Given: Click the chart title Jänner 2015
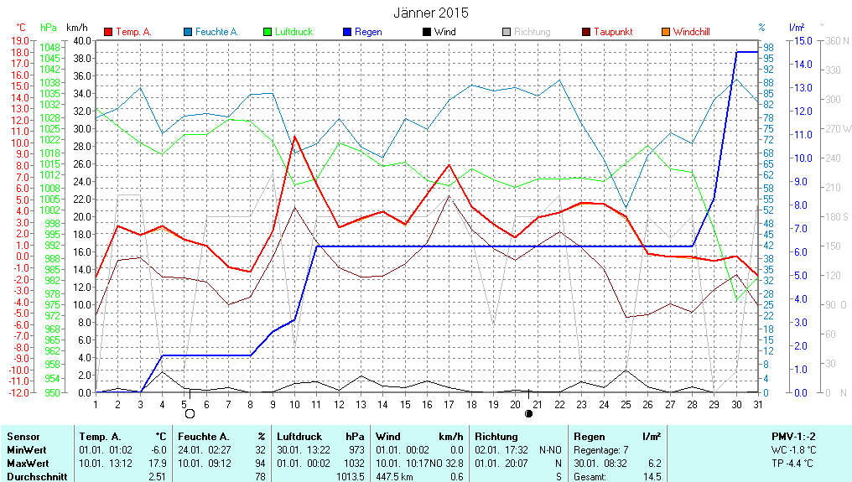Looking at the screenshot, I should (431, 13).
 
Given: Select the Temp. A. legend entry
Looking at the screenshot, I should (133, 32).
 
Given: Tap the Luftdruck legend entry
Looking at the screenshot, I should (294, 32).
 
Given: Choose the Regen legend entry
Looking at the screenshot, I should (368, 32).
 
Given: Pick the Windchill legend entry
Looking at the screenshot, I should (691, 32).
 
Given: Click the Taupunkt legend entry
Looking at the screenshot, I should (613, 32).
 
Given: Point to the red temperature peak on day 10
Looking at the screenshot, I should (294, 137).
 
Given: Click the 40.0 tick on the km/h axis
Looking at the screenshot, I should (82, 40).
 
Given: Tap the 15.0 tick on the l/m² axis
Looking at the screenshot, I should (802, 40).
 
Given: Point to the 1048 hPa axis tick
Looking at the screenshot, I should (50, 48).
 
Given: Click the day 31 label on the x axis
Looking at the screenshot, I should (756, 404).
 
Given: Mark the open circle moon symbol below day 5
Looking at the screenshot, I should (190, 413).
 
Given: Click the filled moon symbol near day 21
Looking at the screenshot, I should (528, 413).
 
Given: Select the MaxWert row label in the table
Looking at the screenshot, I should (28, 464).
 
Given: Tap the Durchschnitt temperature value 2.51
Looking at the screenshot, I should (157, 477).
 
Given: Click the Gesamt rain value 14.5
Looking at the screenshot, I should (651, 477).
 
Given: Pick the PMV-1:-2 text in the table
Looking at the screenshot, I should (793, 437).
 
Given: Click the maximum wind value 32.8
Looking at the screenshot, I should (453, 464).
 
